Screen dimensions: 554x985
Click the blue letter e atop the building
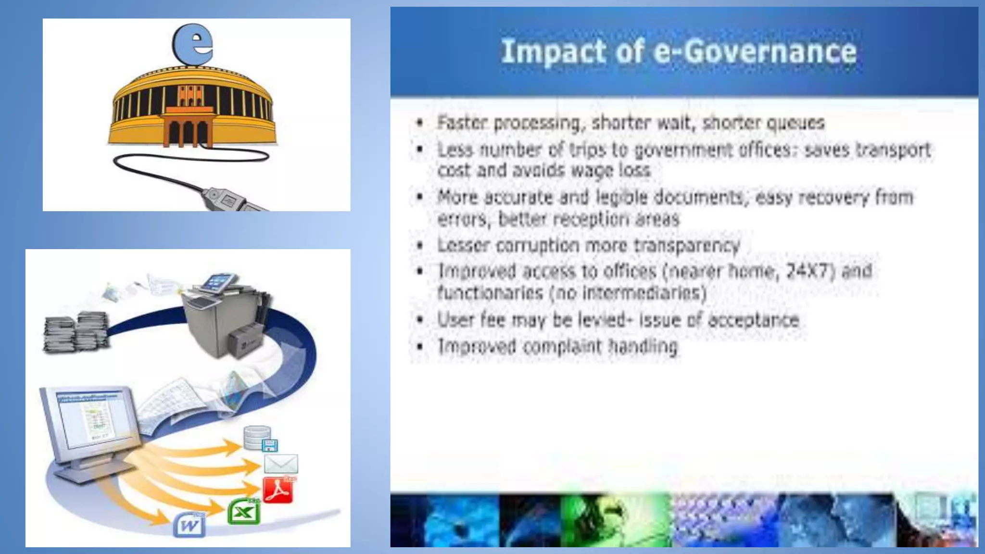point(193,43)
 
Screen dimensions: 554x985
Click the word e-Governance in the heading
point(755,51)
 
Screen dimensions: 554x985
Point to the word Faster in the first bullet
point(462,123)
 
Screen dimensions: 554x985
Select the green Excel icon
point(244,512)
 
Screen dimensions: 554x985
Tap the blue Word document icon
point(189,525)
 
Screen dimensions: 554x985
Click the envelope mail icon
point(281,464)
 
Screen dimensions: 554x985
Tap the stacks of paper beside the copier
point(76,332)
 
